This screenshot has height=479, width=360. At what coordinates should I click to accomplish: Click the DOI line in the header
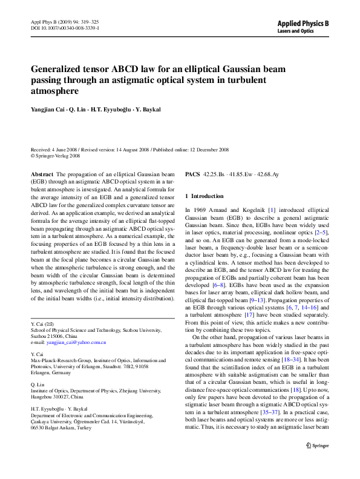pyautogui.click(x=65, y=28)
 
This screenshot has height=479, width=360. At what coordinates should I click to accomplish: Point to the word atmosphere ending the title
pyautogui.click(x=54, y=91)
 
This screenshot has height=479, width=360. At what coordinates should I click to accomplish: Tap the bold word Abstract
pyautogui.click(x=42, y=174)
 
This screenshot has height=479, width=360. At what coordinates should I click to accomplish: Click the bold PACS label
pyautogui.click(x=192, y=174)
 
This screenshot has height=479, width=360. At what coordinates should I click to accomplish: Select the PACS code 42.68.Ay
pyautogui.click(x=266, y=174)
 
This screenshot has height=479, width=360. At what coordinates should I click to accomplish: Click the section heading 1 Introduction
pyautogui.click(x=204, y=196)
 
